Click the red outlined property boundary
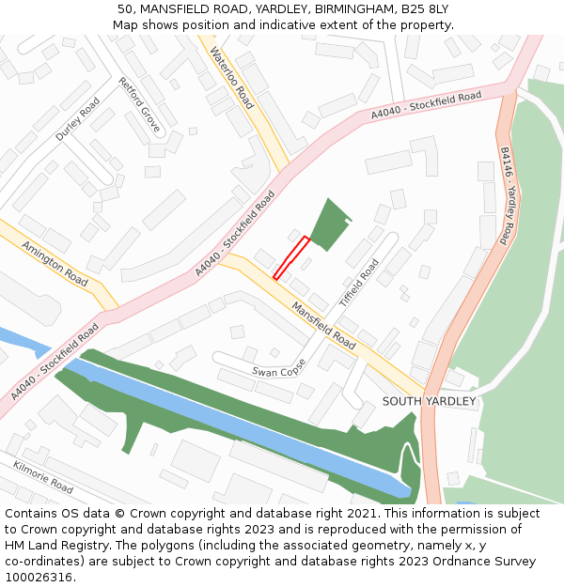click(291, 257)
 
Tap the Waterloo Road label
click(232, 78)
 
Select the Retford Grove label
click(139, 103)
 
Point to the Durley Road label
click(77, 119)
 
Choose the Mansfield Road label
click(323, 325)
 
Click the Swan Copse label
click(279, 367)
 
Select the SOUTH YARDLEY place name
click(429, 401)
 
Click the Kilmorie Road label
click(43, 476)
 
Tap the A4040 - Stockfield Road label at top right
click(426, 104)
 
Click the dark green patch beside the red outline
click(328, 225)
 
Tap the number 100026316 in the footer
click(39, 577)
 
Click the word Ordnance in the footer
click(445, 561)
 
